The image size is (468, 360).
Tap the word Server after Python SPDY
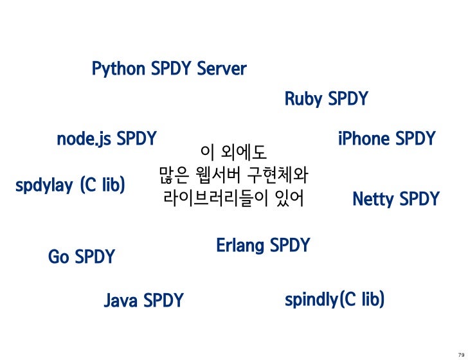222,69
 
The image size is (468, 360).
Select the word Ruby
303,100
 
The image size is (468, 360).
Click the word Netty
373,200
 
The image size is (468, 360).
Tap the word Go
59,258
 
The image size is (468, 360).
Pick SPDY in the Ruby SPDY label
348,100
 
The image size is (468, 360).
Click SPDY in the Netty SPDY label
419,200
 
